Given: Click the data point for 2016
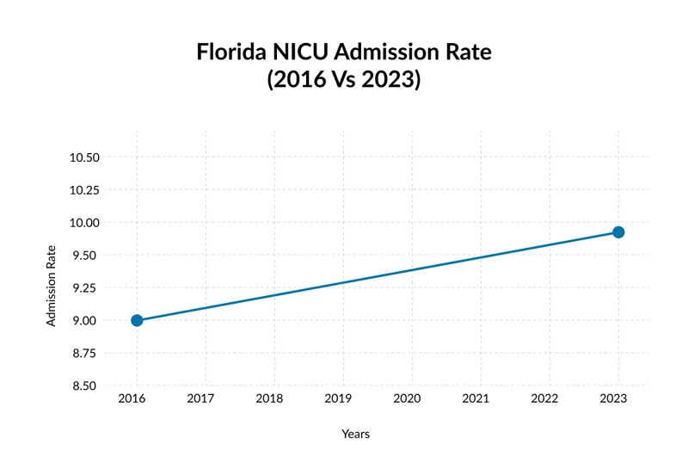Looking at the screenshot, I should coord(137,320).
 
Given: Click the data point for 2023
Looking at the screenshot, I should coord(617,232).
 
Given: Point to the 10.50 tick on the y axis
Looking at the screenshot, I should coord(84,157).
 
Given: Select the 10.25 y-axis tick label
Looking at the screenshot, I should coord(84,190).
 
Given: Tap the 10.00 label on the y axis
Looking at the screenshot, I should coord(84,223).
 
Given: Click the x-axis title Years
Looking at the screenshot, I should coord(355,435).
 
